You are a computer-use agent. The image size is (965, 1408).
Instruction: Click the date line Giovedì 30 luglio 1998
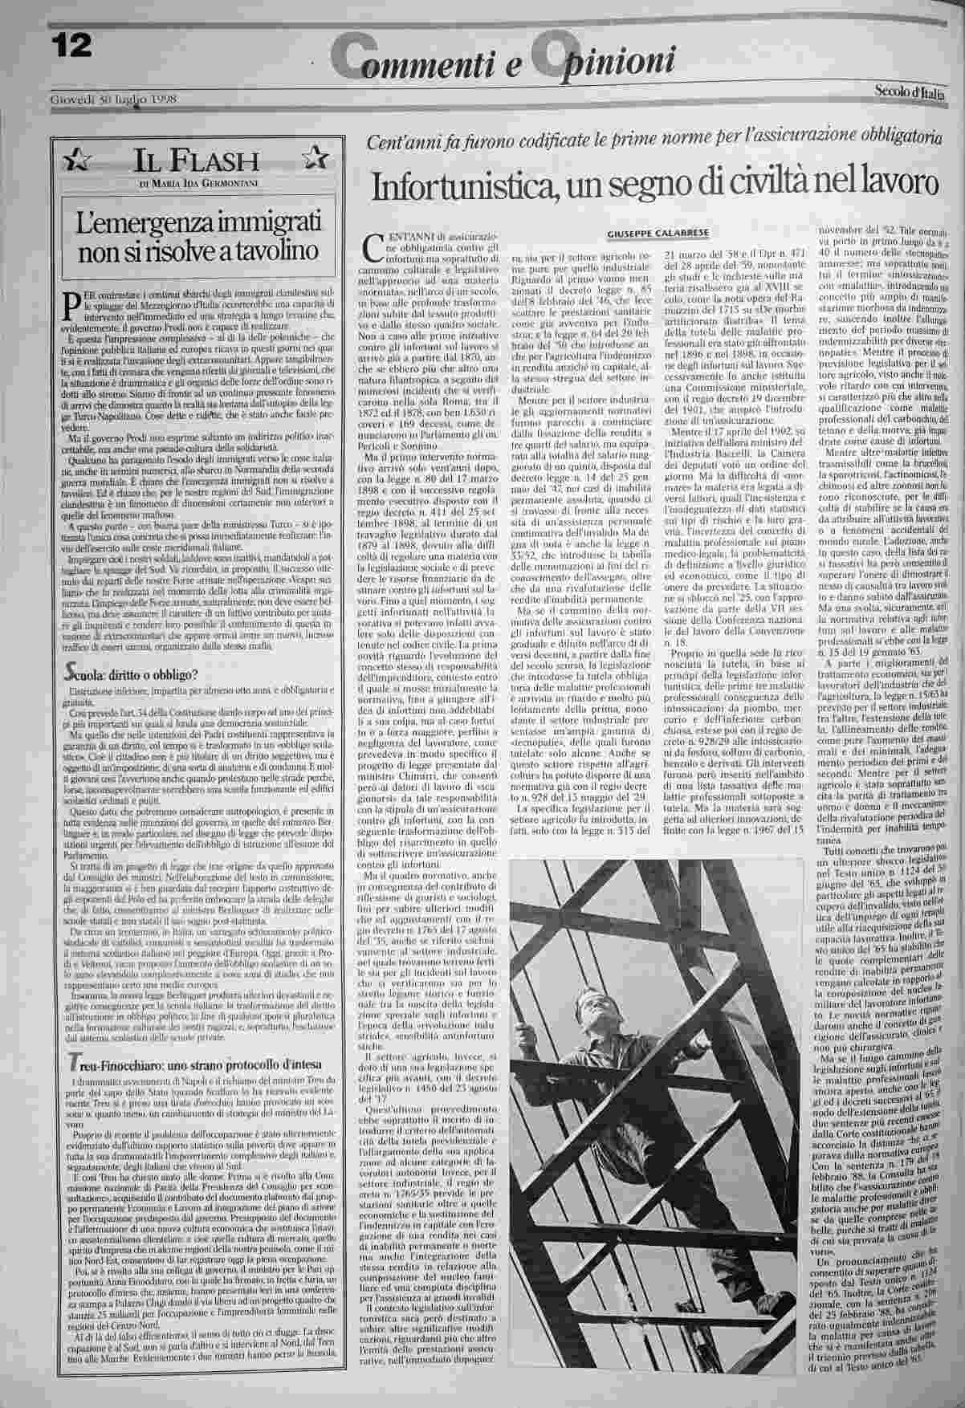(113, 100)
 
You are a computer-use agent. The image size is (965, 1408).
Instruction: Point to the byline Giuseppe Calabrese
(657, 232)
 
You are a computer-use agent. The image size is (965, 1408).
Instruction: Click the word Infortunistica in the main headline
(462, 186)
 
